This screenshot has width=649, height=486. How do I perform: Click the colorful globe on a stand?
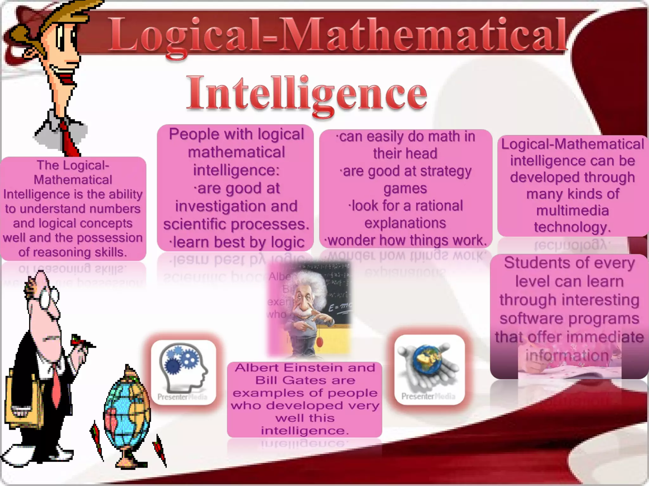[x=127, y=414]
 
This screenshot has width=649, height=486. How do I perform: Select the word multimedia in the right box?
[x=572, y=211]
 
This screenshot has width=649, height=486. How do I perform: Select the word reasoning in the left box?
[x=61, y=252]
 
